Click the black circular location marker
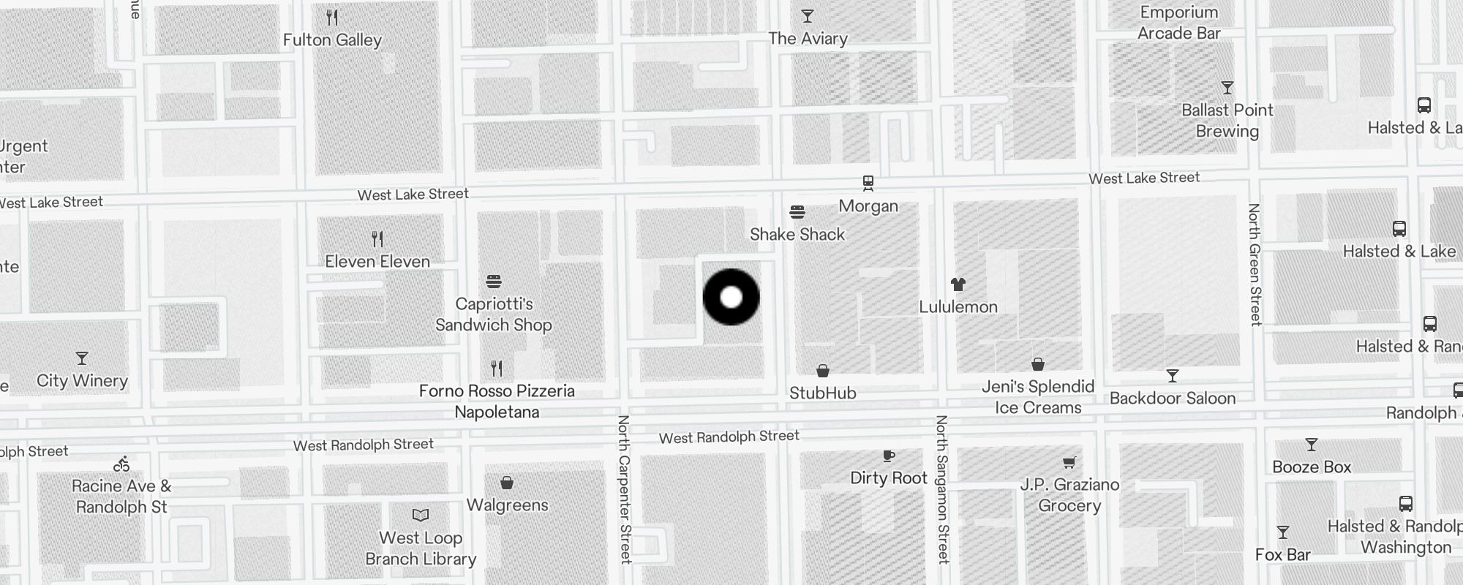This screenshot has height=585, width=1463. pos(731,297)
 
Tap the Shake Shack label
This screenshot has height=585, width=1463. pos(797,235)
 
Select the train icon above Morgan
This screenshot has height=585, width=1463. pos(868,182)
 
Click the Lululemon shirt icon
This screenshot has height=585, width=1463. pos(958,284)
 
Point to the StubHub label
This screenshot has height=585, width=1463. pos(823,393)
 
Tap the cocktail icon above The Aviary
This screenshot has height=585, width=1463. pos(808,16)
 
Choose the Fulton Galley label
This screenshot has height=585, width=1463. pos(333,40)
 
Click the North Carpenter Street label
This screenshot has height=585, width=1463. pos(624,489)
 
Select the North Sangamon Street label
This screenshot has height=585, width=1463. pos(942,489)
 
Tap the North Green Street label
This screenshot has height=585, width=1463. pos(1255,265)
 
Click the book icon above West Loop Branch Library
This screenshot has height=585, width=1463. pos(421,515)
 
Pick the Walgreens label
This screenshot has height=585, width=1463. pos(508,505)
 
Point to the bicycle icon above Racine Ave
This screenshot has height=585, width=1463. pos(121,464)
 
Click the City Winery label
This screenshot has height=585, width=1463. pos(83,381)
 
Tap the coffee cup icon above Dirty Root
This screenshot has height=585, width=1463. pos(889,456)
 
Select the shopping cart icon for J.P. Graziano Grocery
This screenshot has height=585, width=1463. pos(1069,462)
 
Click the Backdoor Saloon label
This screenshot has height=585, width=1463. pos(1173,399)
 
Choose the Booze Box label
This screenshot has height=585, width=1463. pos(1312,467)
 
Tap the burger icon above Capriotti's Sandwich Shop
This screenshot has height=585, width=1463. pos(494,282)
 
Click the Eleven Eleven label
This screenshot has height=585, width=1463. pos(377,262)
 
